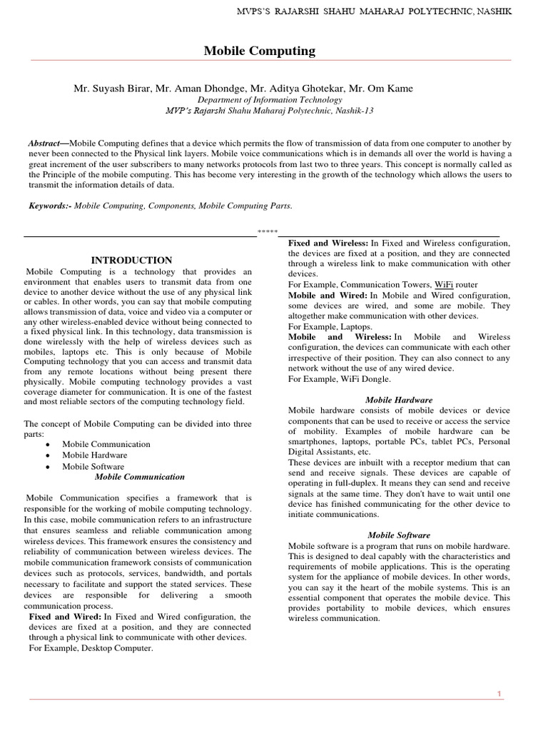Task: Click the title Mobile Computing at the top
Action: point(259,51)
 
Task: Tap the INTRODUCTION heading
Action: point(131,261)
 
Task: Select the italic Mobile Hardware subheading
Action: point(399,400)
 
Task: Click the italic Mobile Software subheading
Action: point(399,535)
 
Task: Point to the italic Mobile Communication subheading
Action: point(140,476)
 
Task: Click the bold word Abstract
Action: point(44,143)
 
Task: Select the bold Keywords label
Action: point(49,206)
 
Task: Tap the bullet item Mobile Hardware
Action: point(95,455)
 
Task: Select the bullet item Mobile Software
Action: point(93,466)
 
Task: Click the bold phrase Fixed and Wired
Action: point(66,617)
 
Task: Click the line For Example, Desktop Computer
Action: point(91,648)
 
